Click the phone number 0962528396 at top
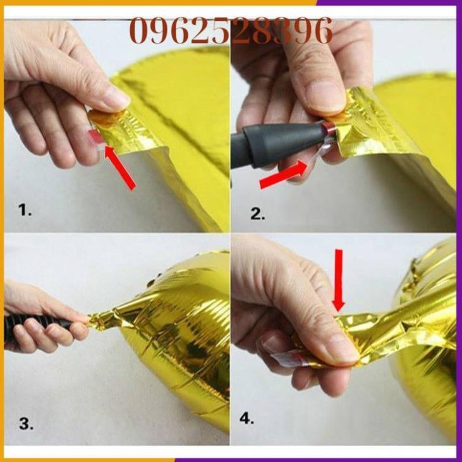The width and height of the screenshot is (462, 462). point(231,30)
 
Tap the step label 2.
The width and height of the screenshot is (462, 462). point(257,214)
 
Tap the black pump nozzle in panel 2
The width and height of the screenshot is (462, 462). point(278,142)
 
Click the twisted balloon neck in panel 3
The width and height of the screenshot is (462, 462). point(107,316)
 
